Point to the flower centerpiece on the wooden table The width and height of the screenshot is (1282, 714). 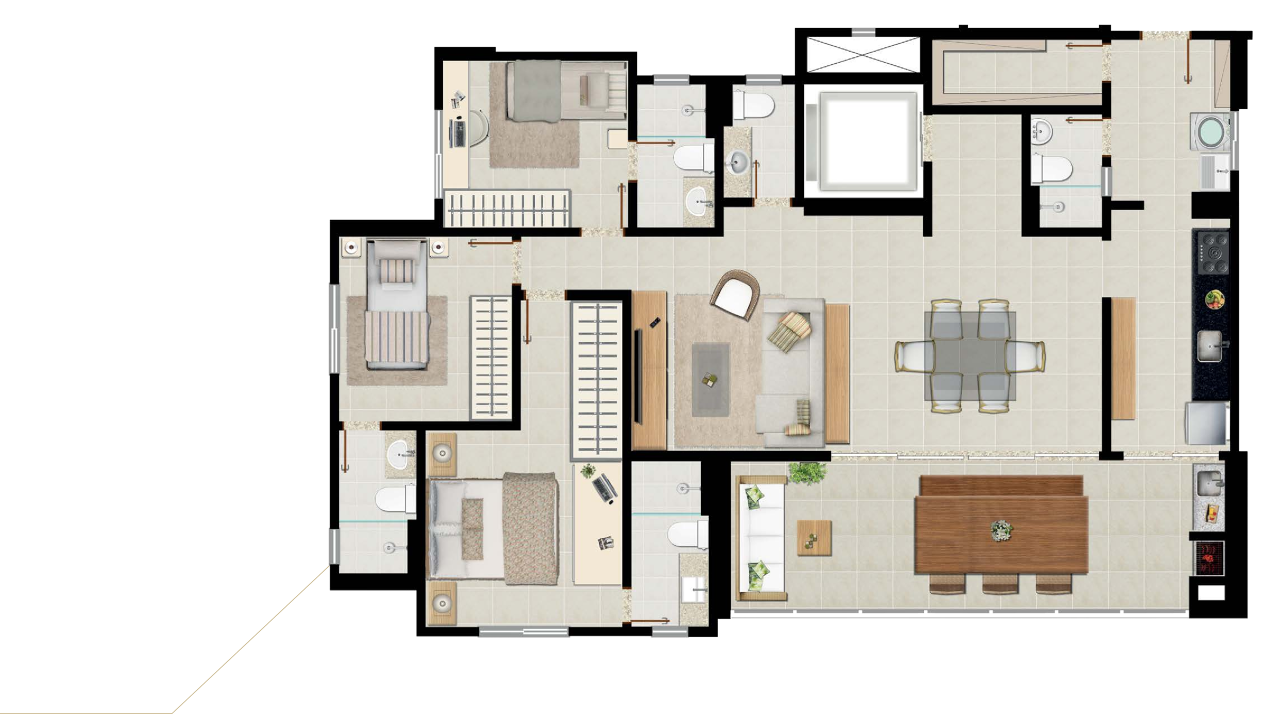(1001, 529)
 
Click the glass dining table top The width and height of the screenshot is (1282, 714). (970, 356)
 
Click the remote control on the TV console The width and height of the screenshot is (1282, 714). (654, 322)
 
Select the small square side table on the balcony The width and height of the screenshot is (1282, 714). (814, 537)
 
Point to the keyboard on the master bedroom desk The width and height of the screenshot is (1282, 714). (604, 487)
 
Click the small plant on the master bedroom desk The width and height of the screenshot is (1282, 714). (587, 470)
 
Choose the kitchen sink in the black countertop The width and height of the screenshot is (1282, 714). (1209, 345)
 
